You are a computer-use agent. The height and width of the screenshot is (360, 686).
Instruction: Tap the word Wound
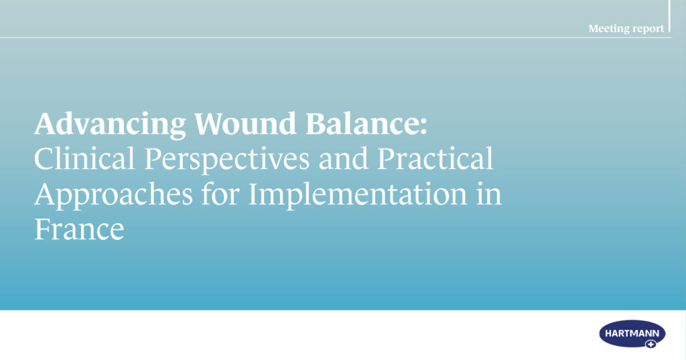[245, 123]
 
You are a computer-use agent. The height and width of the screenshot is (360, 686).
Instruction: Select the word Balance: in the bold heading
[366, 123]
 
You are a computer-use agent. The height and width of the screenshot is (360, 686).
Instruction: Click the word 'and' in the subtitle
[344, 158]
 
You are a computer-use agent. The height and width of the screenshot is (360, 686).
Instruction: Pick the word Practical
[435, 158]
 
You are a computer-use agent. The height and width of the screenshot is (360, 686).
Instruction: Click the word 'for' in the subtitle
[220, 193]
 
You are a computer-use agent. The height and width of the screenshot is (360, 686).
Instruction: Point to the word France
[79, 229]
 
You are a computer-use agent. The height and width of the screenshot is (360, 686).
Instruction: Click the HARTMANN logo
[632, 334]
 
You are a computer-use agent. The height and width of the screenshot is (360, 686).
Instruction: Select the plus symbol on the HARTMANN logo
[651, 344]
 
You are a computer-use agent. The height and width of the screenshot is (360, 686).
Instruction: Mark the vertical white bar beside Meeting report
[669, 16]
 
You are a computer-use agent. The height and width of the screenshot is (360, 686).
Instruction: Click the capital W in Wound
[210, 123]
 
